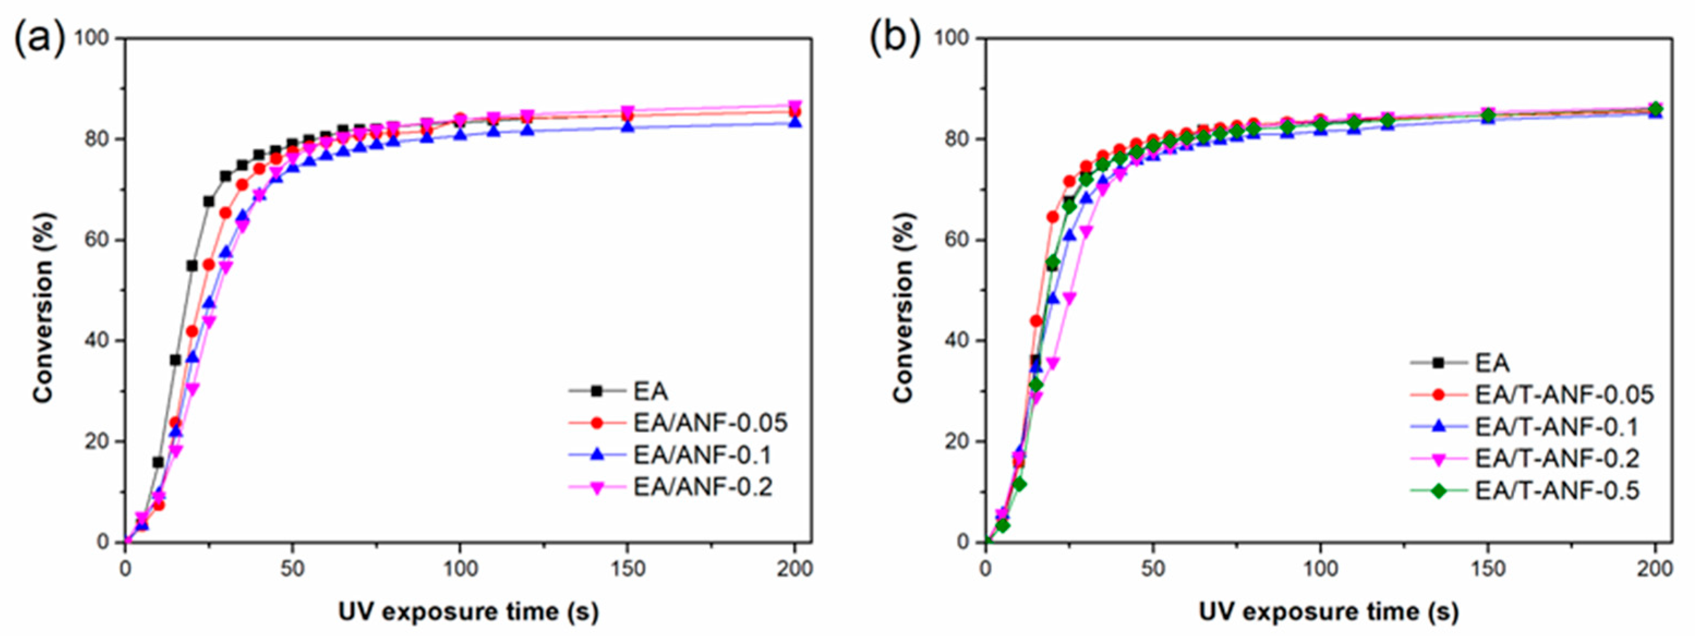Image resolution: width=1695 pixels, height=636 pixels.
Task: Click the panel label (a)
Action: [39, 38]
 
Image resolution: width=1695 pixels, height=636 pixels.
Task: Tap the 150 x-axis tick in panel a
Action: [628, 569]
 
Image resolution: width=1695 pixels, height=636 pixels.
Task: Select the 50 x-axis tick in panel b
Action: [1153, 569]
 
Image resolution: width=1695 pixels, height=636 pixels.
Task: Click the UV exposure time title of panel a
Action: [469, 611]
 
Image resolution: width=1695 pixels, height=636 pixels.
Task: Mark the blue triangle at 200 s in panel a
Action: [795, 123]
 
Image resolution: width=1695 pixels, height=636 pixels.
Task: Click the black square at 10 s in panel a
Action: [159, 462]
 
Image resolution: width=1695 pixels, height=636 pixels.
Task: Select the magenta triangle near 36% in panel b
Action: [1053, 363]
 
